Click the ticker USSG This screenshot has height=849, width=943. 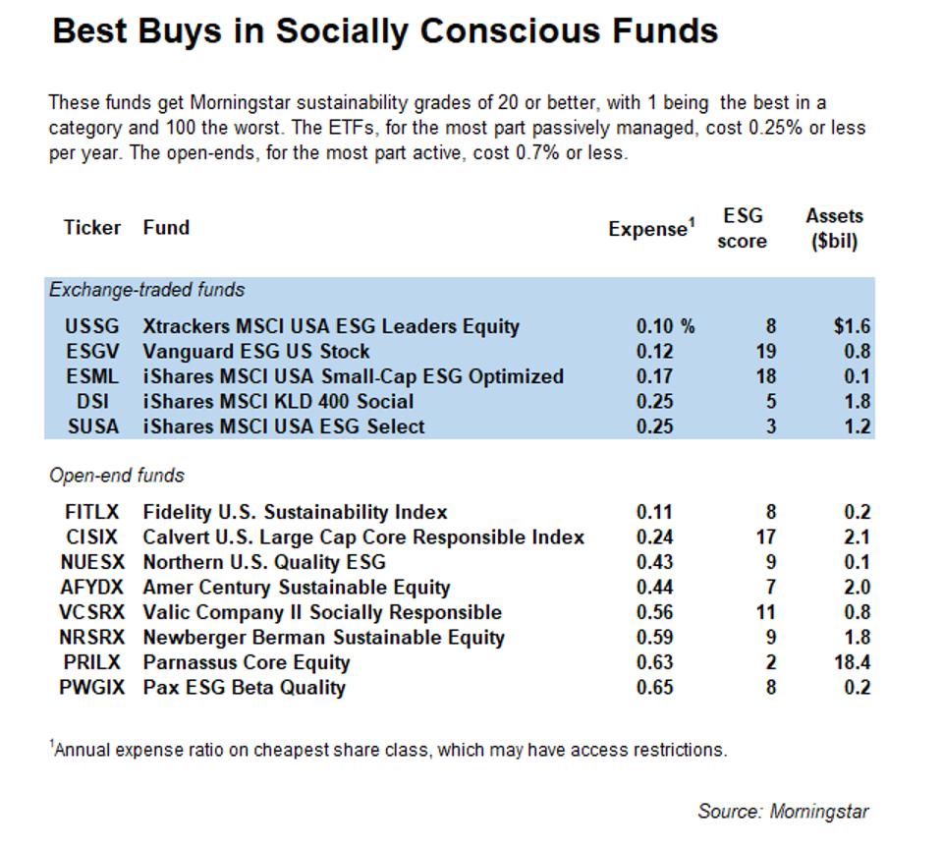pyautogui.click(x=92, y=326)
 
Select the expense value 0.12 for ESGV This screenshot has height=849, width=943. pyautogui.click(x=654, y=351)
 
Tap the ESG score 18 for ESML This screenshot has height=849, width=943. pyautogui.click(x=766, y=376)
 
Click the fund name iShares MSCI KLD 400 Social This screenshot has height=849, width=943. pyautogui.click(x=278, y=401)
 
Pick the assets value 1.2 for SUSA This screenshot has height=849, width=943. pyautogui.click(x=858, y=426)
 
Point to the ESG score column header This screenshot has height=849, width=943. pyautogui.click(x=743, y=228)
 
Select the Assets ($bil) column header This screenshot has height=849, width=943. pyautogui.click(x=834, y=228)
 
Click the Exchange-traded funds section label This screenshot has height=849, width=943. pyautogui.click(x=147, y=290)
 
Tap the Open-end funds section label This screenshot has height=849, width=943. pyautogui.click(x=117, y=476)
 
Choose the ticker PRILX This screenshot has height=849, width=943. pyautogui.click(x=92, y=662)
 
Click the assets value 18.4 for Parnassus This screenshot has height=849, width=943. pyautogui.click(x=851, y=662)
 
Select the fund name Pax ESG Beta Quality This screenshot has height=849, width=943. pyautogui.click(x=244, y=687)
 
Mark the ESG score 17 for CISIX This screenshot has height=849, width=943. pyautogui.click(x=766, y=538)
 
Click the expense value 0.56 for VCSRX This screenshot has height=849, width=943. pyautogui.click(x=654, y=612)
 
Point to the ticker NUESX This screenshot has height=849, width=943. pyautogui.click(x=92, y=562)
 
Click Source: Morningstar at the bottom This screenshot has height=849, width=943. pyautogui.click(x=783, y=812)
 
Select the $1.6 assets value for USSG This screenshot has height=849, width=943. pyautogui.click(x=852, y=326)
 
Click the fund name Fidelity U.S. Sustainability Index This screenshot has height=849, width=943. pyautogui.click(x=295, y=512)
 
